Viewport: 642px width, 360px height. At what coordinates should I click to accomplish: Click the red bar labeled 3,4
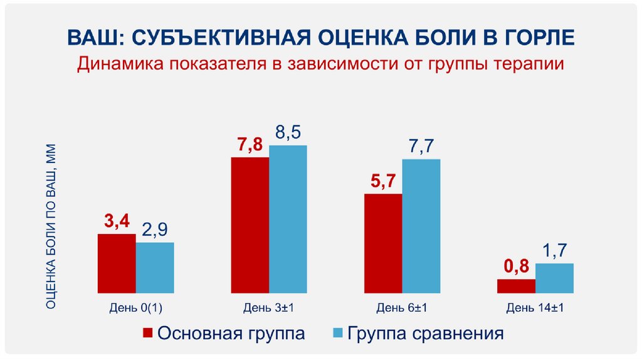[x=117, y=263]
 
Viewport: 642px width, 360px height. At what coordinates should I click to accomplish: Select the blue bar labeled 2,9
[x=155, y=268]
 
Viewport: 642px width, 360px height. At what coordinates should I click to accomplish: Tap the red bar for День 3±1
[x=250, y=225]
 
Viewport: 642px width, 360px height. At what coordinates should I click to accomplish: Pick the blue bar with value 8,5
[x=288, y=220]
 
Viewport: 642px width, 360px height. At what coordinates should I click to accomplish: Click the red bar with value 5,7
[x=383, y=243]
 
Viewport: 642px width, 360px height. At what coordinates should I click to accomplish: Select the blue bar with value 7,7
[x=421, y=226]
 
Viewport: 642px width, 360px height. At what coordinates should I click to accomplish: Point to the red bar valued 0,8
[x=516, y=286]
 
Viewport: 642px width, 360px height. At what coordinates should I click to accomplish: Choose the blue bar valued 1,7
[x=554, y=278]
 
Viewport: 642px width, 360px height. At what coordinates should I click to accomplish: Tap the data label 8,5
[x=288, y=133]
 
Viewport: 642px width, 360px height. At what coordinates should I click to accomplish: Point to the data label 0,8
[x=516, y=268]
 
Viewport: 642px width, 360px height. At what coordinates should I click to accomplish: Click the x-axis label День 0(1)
[x=136, y=307]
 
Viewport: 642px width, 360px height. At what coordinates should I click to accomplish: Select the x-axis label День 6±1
[x=402, y=307]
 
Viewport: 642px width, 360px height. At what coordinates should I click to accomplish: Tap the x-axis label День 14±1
[x=535, y=307]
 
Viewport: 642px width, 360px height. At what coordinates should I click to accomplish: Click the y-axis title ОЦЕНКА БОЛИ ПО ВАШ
[x=52, y=226]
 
